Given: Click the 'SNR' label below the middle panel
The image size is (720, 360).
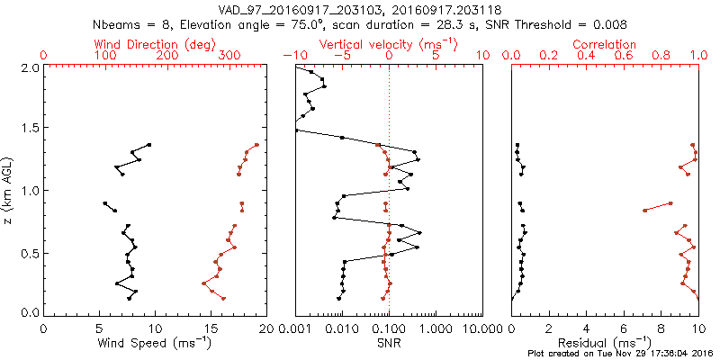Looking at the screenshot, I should click(x=389, y=343).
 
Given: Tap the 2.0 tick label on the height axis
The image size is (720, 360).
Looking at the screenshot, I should click(x=31, y=67).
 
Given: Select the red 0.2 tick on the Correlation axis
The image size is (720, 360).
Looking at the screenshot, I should click(x=548, y=56).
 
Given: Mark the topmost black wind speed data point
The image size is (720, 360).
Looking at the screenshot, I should click(x=149, y=144).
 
